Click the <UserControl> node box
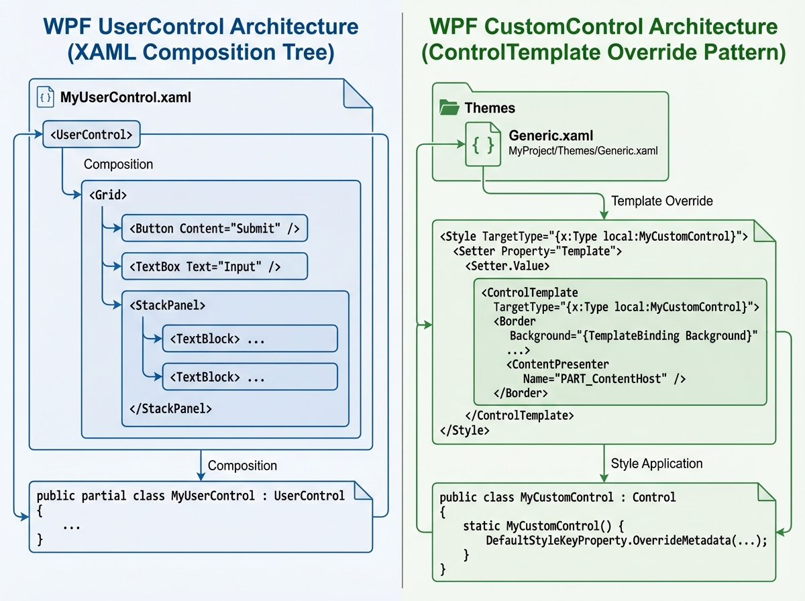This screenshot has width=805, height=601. tap(92, 135)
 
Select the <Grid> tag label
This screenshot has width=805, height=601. tap(108, 195)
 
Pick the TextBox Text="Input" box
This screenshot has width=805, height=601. tap(214, 267)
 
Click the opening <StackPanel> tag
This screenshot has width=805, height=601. tap(167, 305)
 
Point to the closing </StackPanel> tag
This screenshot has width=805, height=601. tap(170, 408)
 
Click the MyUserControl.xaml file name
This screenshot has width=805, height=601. tap(126, 98)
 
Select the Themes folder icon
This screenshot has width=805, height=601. tap(449, 107)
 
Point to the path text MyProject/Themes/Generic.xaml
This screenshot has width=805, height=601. tap(583, 151)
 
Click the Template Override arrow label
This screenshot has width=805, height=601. tap(662, 201)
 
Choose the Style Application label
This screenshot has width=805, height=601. tap(657, 463)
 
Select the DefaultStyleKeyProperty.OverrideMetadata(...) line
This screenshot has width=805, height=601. tap(625, 540)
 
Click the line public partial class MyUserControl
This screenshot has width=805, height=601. tap(191, 496)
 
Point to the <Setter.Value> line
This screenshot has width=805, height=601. tap(507, 266)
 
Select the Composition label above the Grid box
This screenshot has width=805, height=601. tap(118, 164)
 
